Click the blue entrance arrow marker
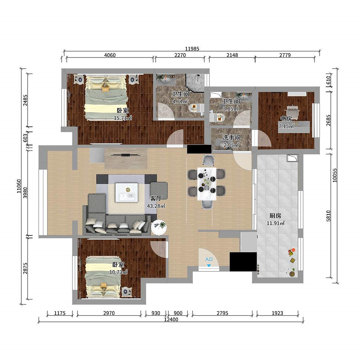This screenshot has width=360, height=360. [209, 266]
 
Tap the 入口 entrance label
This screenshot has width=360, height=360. [209, 259]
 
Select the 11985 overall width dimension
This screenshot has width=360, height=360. [192, 49]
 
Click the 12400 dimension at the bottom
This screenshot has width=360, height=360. [171, 319]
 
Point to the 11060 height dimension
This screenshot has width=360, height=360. [19, 186]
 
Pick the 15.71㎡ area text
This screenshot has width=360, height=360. [123, 118]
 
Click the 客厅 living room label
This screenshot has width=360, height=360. [156, 198]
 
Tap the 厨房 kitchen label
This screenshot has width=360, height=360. [275, 216]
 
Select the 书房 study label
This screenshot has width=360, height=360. [286, 119]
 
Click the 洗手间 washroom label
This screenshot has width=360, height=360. [231, 138]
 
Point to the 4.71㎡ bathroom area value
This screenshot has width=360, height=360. [180, 101]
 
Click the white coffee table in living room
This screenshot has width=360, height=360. [126, 193]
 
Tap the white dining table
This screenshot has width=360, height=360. [207, 184]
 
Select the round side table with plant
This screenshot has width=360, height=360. [159, 227]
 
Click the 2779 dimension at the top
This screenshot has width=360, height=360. [285, 55]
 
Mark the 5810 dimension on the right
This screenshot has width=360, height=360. [328, 216]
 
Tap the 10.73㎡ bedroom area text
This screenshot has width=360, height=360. [118, 272]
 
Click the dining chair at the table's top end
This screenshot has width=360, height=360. [209, 160]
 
